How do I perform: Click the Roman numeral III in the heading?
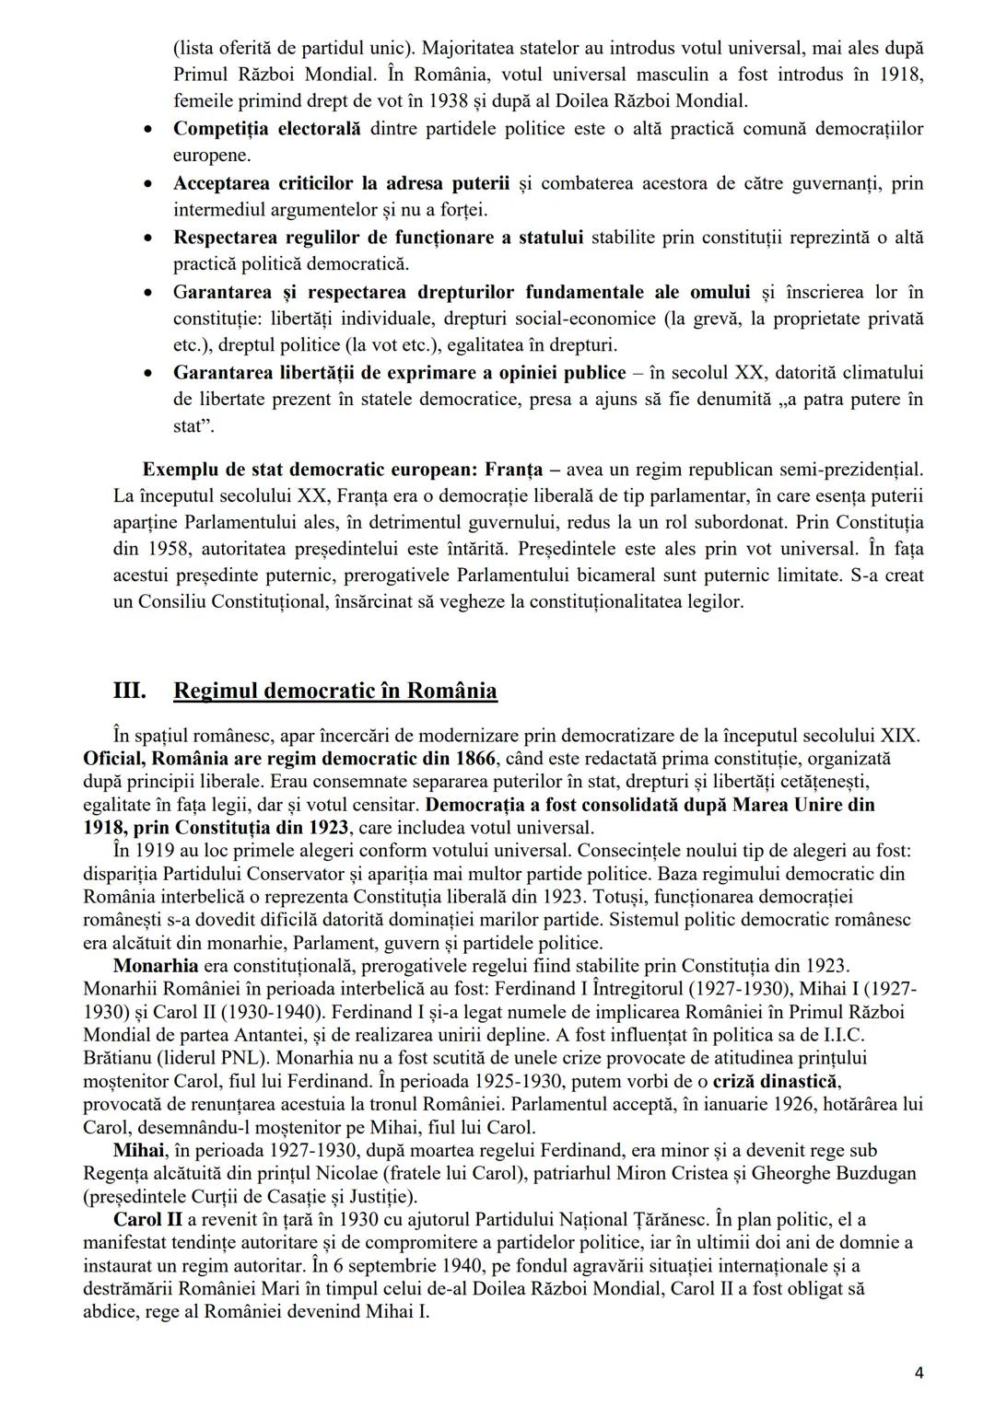(x=128, y=691)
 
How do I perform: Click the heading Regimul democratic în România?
(x=335, y=691)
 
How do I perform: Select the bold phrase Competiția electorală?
(x=267, y=129)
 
